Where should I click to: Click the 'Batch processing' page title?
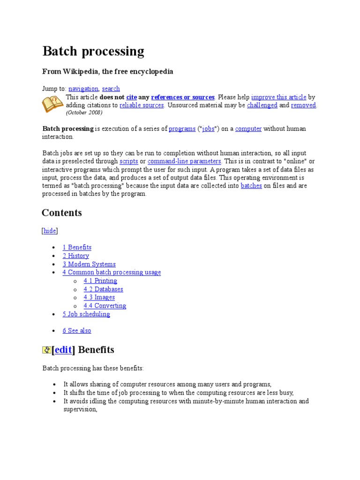(x=93, y=51)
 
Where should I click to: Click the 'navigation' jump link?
(x=83, y=89)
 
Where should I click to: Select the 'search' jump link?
(x=111, y=89)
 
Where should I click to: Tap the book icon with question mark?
(x=52, y=104)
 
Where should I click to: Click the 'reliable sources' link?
(x=142, y=105)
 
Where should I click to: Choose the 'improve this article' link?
(x=278, y=97)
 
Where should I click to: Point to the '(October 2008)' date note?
(x=84, y=112)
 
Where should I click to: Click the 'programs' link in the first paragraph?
(x=182, y=128)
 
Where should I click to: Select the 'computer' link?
(x=248, y=128)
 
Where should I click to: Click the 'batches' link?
(x=251, y=186)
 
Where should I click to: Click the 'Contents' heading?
(x=61, y=213)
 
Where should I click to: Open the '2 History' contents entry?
(x=75, y=255)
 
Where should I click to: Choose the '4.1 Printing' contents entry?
(x=100, y=281)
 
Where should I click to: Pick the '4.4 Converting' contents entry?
(x=105, y=306)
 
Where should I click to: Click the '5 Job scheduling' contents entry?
(x=86, y=314)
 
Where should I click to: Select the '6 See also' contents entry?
(x=77, y=330)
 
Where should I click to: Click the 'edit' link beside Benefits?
(x=63, y=350)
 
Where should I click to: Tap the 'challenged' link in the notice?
(x=262, y=105)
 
